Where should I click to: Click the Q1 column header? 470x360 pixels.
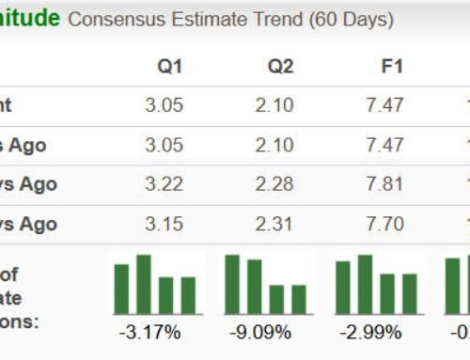click(x=169, y=66)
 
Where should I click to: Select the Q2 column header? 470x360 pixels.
click(x=279, y=66)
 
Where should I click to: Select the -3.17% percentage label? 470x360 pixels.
click(x=155, y=332)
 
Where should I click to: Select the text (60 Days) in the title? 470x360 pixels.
click(x=348, y=19)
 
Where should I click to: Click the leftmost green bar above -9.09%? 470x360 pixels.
click(x=232, y=284)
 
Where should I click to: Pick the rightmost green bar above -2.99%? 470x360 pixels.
click(x=409, y=293)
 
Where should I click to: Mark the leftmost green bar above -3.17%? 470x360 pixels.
click(x=121, y=289)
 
